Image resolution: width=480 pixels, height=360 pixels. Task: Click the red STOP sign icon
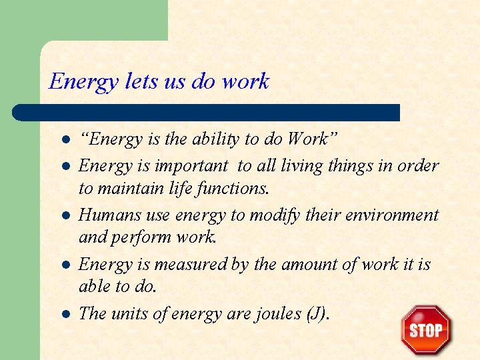pos(426,330)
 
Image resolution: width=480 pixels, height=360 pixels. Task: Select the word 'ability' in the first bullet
pos(217,139)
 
